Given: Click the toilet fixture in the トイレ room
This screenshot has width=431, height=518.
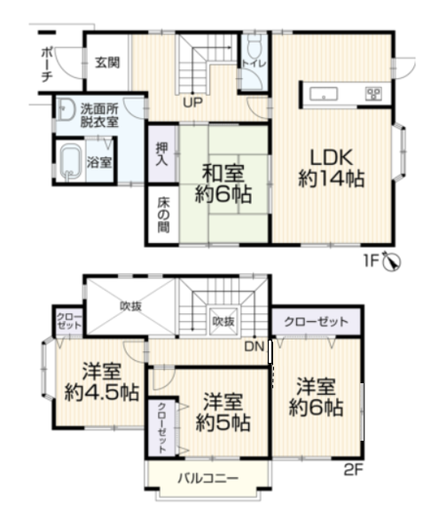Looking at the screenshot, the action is click(x=254, y=47).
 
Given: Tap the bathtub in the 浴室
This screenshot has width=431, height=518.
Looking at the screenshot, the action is click(x=71, y=162).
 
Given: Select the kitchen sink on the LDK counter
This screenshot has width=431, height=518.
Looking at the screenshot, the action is click(x=324, y=94).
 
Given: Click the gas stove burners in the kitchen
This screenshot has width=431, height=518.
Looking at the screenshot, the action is click(x=373, y=93).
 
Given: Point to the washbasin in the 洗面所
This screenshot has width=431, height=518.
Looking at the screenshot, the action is click(x=66, y=109).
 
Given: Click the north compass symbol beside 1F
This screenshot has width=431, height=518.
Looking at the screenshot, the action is click(x=391, y=262).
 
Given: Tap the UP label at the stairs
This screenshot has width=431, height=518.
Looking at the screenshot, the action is click(x=192, y=103).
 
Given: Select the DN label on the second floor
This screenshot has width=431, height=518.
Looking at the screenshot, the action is click(x=255, y=347).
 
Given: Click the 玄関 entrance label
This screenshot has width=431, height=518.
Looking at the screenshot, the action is click(x=107, y=62).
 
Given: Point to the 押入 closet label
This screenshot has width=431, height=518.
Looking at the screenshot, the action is click(x=161, y=154).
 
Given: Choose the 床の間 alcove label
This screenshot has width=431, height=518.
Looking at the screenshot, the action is click(x=163, y=215).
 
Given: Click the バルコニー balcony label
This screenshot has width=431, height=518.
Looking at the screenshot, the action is click(x=208, y=478).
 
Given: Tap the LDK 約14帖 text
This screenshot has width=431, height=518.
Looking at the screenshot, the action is click(x=332, y=169).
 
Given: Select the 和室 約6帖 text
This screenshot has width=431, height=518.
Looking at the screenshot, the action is click(x=223, y=184).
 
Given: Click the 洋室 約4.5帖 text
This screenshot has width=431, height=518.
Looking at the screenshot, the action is click(x=102, y=382).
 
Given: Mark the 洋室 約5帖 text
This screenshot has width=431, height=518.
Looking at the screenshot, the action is click(x=223, y=412).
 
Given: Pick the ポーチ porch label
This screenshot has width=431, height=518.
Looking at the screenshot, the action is click(x=47, y=65).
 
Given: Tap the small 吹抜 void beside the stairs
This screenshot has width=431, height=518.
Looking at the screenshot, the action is click(x=223, y=321).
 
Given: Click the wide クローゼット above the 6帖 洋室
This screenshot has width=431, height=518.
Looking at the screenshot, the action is click(x=316, y=322).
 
